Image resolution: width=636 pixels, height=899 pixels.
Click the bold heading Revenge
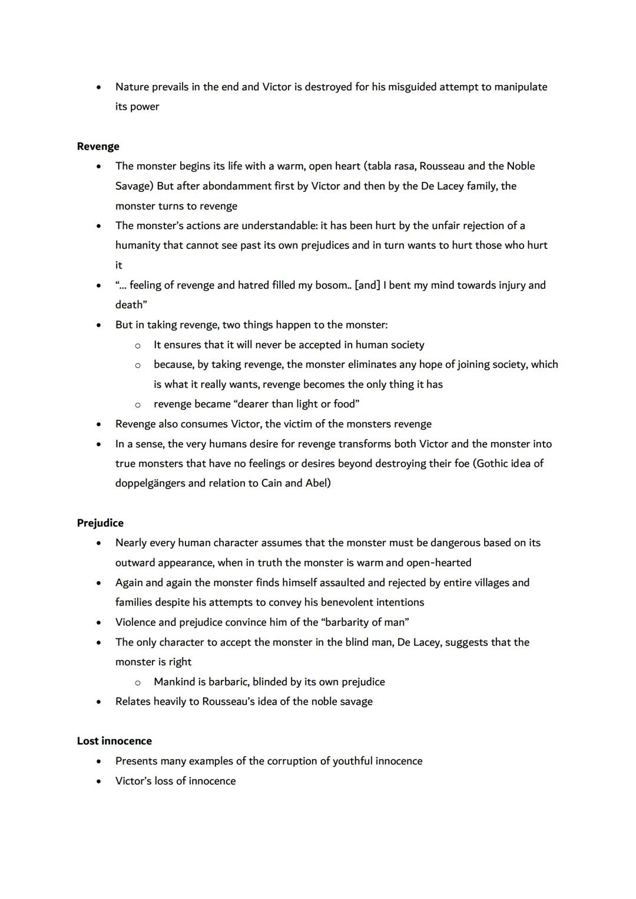pyautogui.click(x=98, y=147)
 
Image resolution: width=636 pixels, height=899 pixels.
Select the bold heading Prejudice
pyautogui.click(x=100, y=523)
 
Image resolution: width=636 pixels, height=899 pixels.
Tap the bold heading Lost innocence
pyautogui.click(x=114, y=741)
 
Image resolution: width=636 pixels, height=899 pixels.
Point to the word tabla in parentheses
pyautogui.click(x=380, y=166)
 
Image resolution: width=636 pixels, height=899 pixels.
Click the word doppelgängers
pyautogui.click(x=150, y=483)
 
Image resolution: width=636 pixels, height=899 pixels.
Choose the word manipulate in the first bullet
pyautogui.click(x=520, y=87)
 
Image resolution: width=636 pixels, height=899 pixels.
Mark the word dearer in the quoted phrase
pyautogui.click(x=260, y=404)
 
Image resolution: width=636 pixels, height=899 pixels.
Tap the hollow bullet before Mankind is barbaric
pyautogui.click(x=137, y=682)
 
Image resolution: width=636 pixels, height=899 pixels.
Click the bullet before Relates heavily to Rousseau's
pyautogui.click(x=99, y=702)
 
